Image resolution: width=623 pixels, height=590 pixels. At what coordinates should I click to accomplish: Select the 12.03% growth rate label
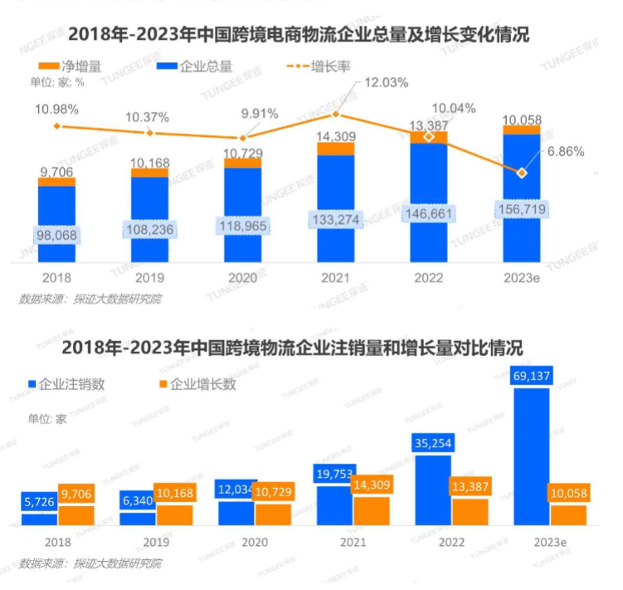point(387,82)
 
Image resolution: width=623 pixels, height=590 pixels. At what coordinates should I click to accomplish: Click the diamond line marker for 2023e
point(521,173)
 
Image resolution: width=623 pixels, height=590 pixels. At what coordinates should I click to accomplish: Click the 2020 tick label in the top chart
point(242,277)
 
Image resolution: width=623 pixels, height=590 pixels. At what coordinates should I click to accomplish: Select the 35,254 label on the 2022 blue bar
point(431,444)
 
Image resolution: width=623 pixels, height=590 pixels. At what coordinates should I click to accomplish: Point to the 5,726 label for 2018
point(39,502)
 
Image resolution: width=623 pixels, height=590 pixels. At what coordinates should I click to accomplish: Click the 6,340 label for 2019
point(138,500)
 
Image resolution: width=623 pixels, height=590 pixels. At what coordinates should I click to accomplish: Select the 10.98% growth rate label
point(56,109)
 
